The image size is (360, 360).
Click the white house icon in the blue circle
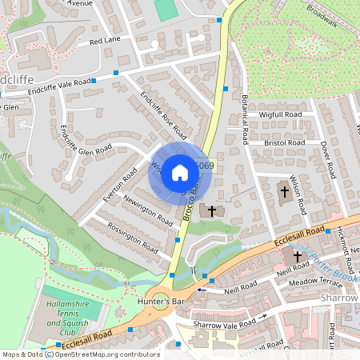click(180, 173)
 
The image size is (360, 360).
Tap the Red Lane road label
click(105, 40)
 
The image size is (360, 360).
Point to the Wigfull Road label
click(280, 115)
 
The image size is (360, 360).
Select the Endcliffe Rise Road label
click(163, 114)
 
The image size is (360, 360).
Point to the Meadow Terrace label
click(314, 282)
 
